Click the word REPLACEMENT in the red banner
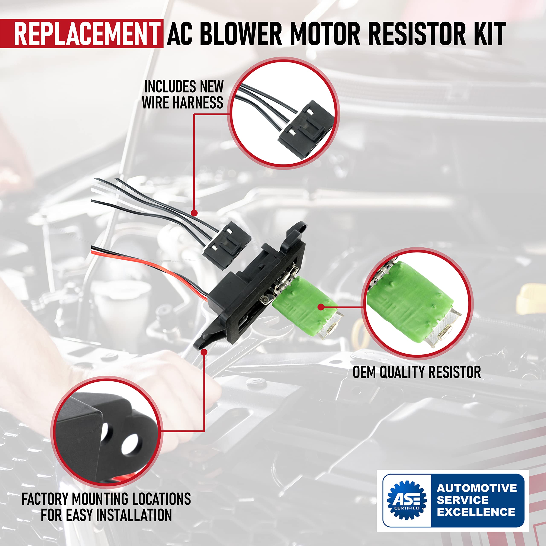click(86, 34)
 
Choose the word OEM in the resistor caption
click(364, 372)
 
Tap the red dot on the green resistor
click(321, 307)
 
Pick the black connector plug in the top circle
click(305, 130)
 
